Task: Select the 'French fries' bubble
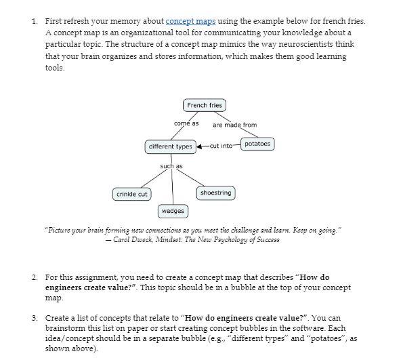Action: click(204, 105)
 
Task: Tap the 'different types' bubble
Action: click(170, 146)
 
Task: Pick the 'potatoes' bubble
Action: click(257, 144)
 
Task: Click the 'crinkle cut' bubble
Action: click(132, 195)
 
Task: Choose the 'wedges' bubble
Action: click(173, 212)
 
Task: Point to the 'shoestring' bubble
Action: click(216, 193)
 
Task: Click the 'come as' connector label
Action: click(186, 123)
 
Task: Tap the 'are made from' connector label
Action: click(234, 125)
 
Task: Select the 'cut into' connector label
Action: click(221, 146)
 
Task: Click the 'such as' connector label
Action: click(171, 166)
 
